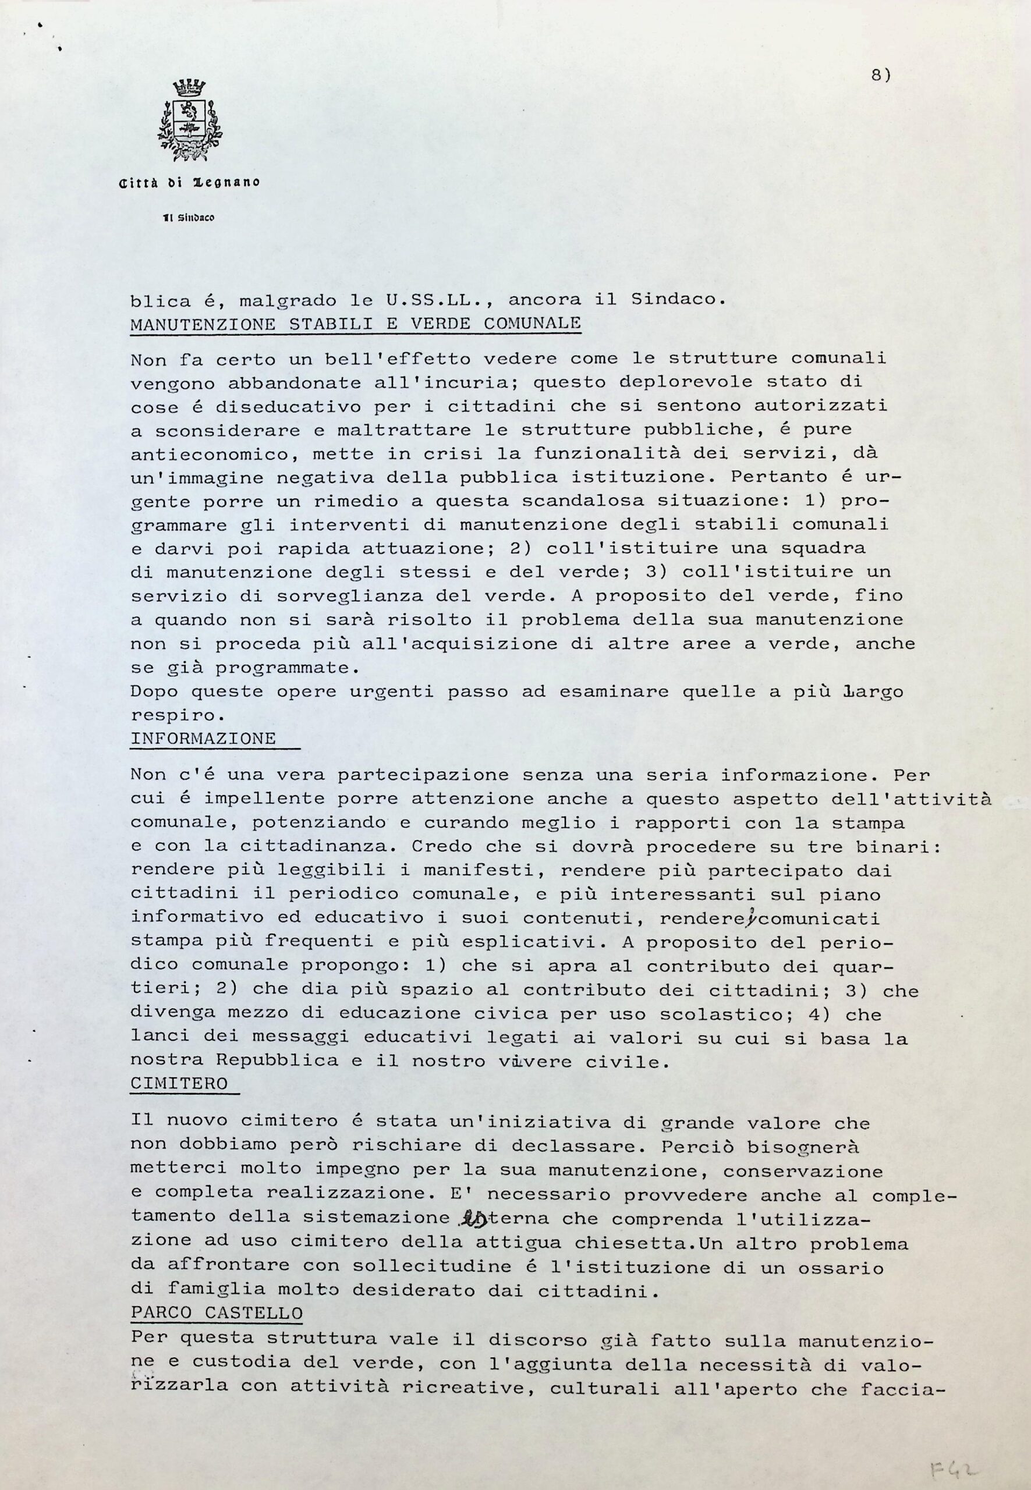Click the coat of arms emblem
coord(189,120)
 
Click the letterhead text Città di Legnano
coord(189,183)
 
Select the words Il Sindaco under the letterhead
coord(189,218)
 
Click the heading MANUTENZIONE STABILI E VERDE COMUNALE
coord(355,323)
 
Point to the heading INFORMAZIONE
coord(204,738)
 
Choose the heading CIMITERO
coord(179,1083)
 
